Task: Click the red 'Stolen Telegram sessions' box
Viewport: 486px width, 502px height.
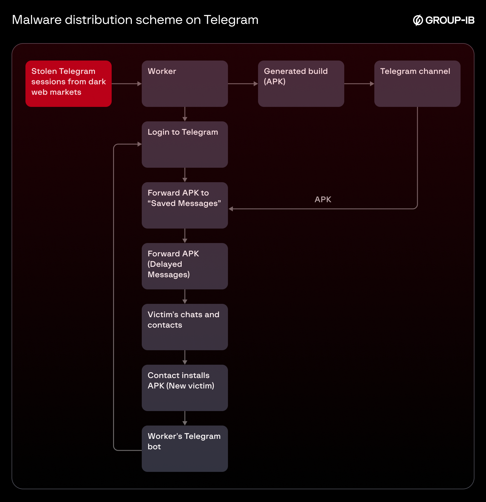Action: pos(69,84)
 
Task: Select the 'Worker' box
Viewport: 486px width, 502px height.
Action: pos(185,84)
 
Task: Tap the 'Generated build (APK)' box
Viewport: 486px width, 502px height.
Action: pos(301,84)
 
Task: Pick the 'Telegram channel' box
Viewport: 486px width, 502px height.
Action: pos(417,84)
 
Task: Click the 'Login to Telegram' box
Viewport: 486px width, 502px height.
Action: pos(185,145)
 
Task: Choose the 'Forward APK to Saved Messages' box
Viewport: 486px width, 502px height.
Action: pos(185,205)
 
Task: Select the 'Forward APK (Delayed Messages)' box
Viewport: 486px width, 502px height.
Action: pos(185,266)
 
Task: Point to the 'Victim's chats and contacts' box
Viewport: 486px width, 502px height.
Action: pos(185,327)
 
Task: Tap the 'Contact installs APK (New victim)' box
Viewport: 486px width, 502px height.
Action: pos(185,388)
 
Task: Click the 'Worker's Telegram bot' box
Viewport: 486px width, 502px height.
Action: pos(185,449)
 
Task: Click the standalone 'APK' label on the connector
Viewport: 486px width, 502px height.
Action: pos(323,200)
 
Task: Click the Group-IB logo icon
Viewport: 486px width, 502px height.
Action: pos(418,20)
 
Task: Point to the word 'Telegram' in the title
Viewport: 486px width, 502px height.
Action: pos(231,20)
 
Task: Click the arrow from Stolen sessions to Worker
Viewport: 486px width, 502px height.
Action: pos(127,84)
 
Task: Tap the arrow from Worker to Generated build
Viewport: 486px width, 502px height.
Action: pos(243,84)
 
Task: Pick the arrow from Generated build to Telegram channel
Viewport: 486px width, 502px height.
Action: pos(359,84)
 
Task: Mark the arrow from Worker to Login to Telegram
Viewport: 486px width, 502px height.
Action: pos(185,114)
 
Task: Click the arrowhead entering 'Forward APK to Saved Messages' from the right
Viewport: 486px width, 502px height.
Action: pos(231,209)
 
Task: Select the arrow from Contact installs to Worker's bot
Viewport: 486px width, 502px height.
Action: pos(185,419)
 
